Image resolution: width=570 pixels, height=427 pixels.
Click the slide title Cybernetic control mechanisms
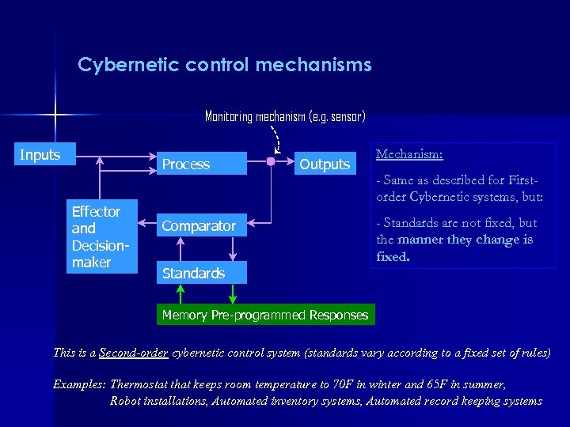pyautogui.click(x=224, y=65)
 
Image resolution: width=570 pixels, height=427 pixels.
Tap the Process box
pyautogui.click(x=201, y=164)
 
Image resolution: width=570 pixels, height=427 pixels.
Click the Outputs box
pyautogui.click(x=324, y=164)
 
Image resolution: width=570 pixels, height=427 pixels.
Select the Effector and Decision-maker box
pyautogui.click(x=101, y=236)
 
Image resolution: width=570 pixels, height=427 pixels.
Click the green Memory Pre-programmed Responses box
pyautogui.click(x=264, y=315)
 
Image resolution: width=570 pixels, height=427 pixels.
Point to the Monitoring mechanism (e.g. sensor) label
pyautogui.click(x=285, y=116)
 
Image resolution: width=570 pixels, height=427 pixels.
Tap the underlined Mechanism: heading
pyautogui.click(x=409, y=154)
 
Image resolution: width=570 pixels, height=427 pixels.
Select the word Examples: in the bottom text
pyautogui.click(x=79, y=384)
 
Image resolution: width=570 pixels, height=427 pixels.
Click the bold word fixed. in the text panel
pyautogui.click(x=393, y=256)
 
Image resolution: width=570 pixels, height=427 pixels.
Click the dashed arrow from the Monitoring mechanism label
pyautogui.click(x=277, y=138)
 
